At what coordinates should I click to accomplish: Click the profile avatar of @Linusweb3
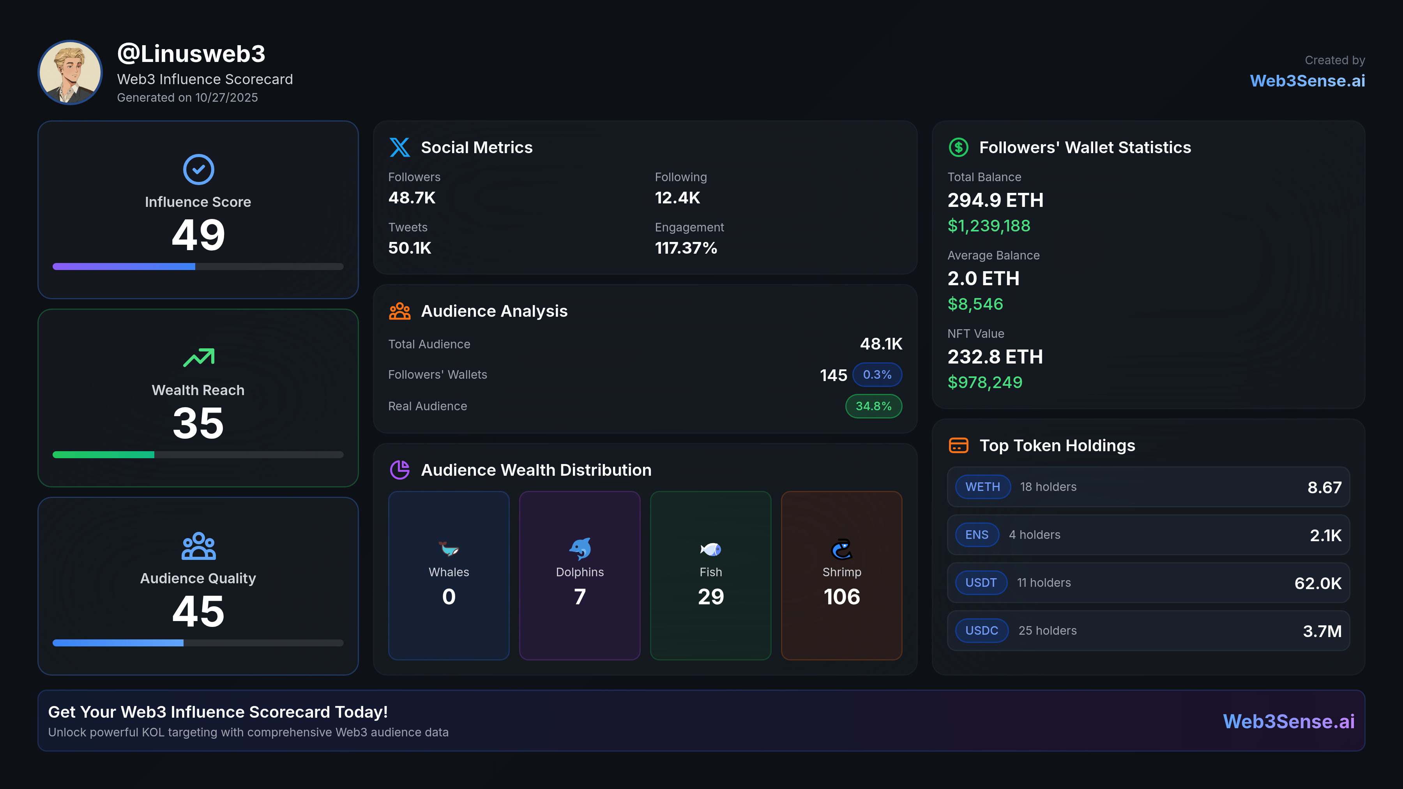pos(70,72)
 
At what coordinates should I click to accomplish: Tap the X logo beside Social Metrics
pos(400,148)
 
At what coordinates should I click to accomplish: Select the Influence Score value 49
pos(198,235)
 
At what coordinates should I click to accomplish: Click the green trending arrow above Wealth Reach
pos(199,357)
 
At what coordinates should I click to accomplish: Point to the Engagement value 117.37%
pos(686,248)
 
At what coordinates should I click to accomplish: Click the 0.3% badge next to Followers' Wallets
pos(877,374)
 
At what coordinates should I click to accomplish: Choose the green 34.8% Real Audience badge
pos(873,406)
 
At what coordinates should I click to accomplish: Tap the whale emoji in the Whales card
pos(449,549)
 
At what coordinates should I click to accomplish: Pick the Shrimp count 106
pos(841,597)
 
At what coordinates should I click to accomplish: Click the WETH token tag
pos(982,487)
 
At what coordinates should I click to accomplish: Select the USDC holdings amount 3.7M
pos(1322,631)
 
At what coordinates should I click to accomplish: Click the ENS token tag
pos(977,535)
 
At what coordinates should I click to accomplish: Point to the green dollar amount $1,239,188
pos(988,226)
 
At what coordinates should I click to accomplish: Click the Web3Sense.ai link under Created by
pos(1307,81)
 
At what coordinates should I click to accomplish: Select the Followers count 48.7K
pos(412,198)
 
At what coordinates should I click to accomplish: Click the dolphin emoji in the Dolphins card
pos(580,549)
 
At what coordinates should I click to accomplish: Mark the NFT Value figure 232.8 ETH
pos(995,357)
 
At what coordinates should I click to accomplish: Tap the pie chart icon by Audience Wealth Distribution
pos(400,470)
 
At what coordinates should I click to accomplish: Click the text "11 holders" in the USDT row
pos(1044,582)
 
